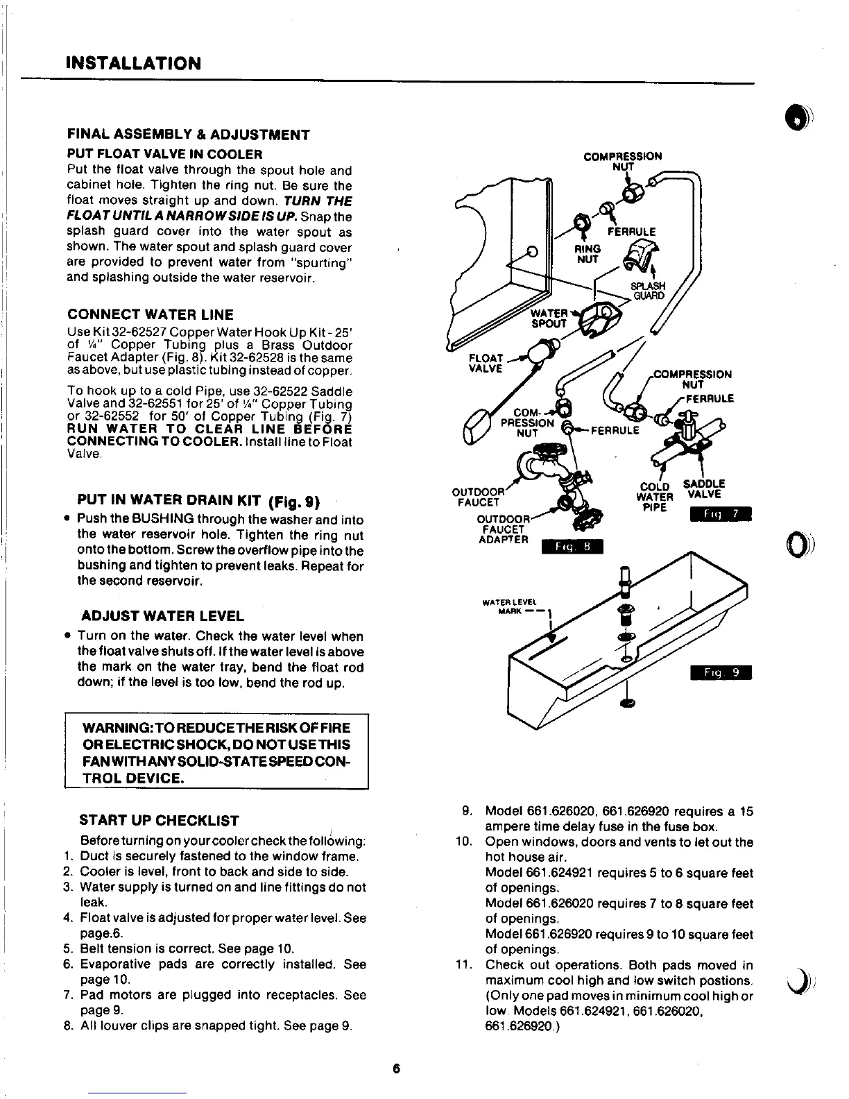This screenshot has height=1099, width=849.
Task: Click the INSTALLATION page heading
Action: click(x=133, y=64)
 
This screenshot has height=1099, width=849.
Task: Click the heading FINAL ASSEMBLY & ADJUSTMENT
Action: click(x=188, y=135)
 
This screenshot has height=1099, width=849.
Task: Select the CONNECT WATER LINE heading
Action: click(x=150, y=314)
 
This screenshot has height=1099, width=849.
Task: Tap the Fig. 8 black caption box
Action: click(x=573, y=547)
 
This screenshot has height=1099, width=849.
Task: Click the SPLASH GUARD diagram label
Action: click(x=648, y=291)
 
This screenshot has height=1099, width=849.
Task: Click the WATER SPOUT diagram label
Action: click(x=549, y=318)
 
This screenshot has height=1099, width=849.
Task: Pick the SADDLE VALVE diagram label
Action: click(x=704, y=488)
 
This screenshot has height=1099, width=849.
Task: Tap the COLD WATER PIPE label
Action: click(x=654, y=497)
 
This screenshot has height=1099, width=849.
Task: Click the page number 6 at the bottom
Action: click(x=397, y=1068)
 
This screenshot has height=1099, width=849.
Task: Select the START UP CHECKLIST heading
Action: click(x=160, y=821)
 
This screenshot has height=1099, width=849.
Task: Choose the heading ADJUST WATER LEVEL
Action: click(x=162, y=616)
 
